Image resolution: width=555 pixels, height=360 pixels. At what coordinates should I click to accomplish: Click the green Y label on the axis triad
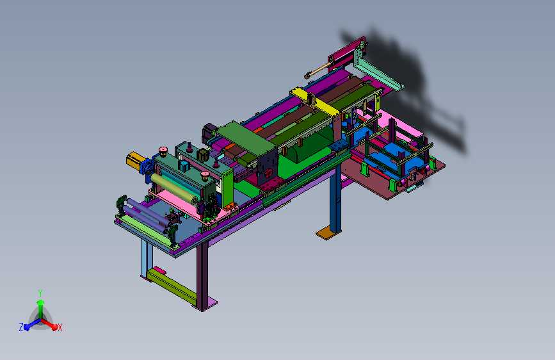point(40,293)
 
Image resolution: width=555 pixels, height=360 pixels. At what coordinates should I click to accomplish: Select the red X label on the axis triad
point(60,327)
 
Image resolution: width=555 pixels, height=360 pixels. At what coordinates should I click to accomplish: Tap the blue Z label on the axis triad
point(21,327)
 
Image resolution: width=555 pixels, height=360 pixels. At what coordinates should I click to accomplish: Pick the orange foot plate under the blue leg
point(328,233)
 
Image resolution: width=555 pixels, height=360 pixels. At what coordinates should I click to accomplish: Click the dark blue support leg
point(335,200)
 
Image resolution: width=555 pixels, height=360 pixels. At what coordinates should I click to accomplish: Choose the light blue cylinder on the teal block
point(183,166)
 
